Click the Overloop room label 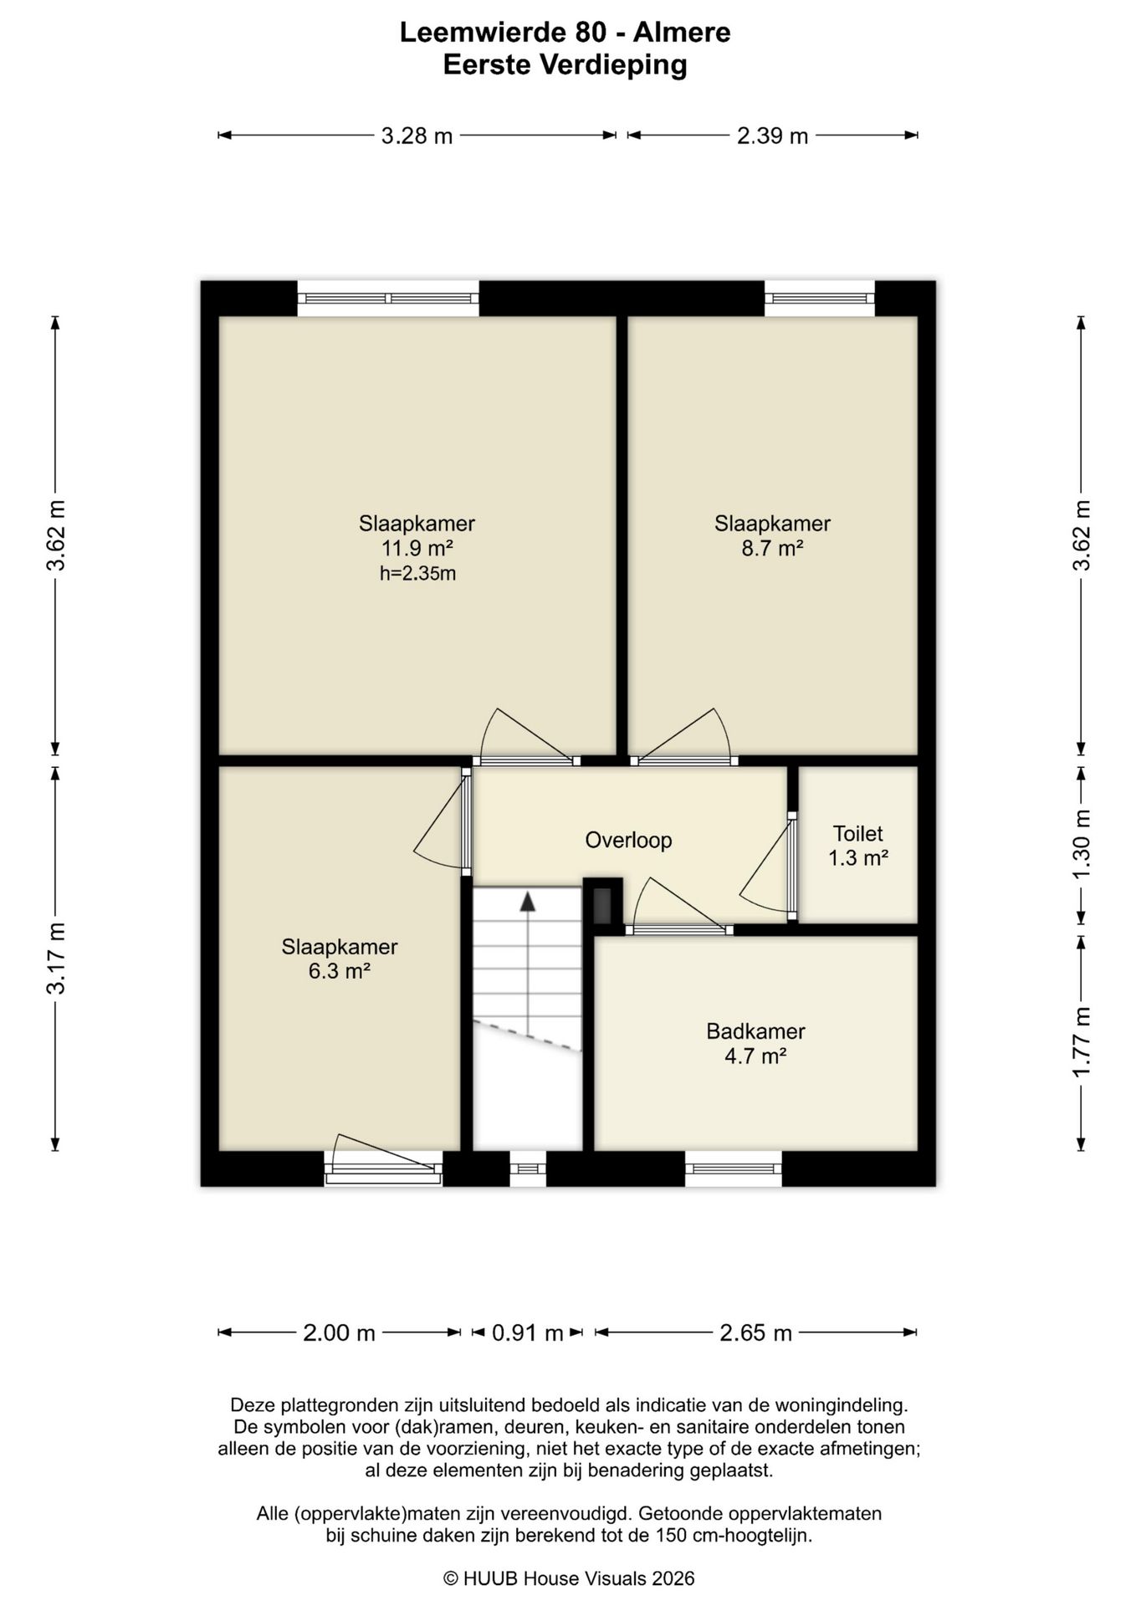628,840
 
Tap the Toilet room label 857,833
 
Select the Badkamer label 755,1031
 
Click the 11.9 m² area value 417,548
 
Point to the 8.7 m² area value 772,548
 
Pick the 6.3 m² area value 339,971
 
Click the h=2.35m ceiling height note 417,573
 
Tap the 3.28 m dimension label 417,136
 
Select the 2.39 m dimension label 772,136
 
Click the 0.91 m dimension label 527,1332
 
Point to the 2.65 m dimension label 755,1332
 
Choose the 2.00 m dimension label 339,1332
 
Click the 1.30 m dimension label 1082,844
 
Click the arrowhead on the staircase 528,901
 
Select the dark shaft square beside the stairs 603,903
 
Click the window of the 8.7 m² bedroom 820,298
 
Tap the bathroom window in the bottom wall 734,1169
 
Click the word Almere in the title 682,33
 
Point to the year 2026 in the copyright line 673,1578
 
